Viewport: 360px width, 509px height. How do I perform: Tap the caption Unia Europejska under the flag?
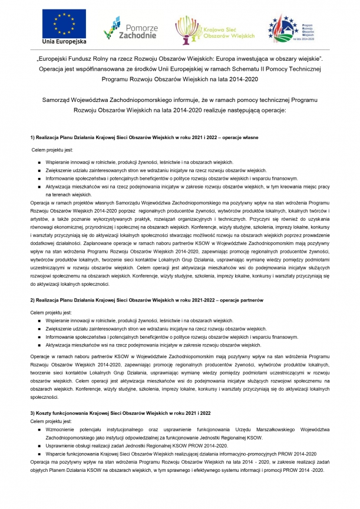64,43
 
